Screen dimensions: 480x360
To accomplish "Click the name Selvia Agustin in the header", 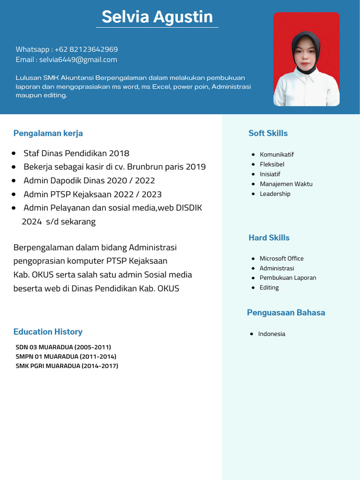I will pyautogui.click(x=157, y=17).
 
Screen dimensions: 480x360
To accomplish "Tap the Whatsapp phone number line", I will pyautogui.click(x=67, y=49).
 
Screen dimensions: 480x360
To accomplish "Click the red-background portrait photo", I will pyautogui.click(x=307, y=59).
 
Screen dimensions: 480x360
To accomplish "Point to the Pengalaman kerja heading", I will pyautogui.click(x=48, y=133).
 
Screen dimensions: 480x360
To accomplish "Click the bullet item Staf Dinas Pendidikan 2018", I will pyautogui.click(x=76, y=153).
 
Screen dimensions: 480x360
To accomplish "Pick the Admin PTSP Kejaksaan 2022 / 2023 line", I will pyautogui.click(x=92, y=194).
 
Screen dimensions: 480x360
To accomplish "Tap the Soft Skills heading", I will pyautogui.click(x=268, y=133).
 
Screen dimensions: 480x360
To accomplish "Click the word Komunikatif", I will pyautogui.click(x=277, y=154).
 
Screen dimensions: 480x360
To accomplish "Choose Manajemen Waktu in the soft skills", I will pyautogui.click(x=286, y=184).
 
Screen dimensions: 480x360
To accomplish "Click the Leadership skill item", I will pyautogui.click(x=275, y=194).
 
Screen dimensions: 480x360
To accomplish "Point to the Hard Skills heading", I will pyautogui.click(x=269, y=238).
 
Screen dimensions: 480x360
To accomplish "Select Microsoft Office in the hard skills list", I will pyautogui.click(x=281, y=258).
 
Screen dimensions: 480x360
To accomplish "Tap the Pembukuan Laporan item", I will pyautogui.click(x=288, y=277).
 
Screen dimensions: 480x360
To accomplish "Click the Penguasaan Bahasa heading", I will pyautogui.click(x=286, y=313).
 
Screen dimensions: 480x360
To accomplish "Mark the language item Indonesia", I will pyautogui.click(x=271, y=334).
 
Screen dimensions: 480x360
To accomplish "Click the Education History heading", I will pyautogui.click(x=48, y=332).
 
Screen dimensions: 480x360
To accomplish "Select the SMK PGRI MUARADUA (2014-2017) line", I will pyautogui.click(x=67, y=366).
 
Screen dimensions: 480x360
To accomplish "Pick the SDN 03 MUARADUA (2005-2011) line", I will pyautogui.click(x=63, y=347).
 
